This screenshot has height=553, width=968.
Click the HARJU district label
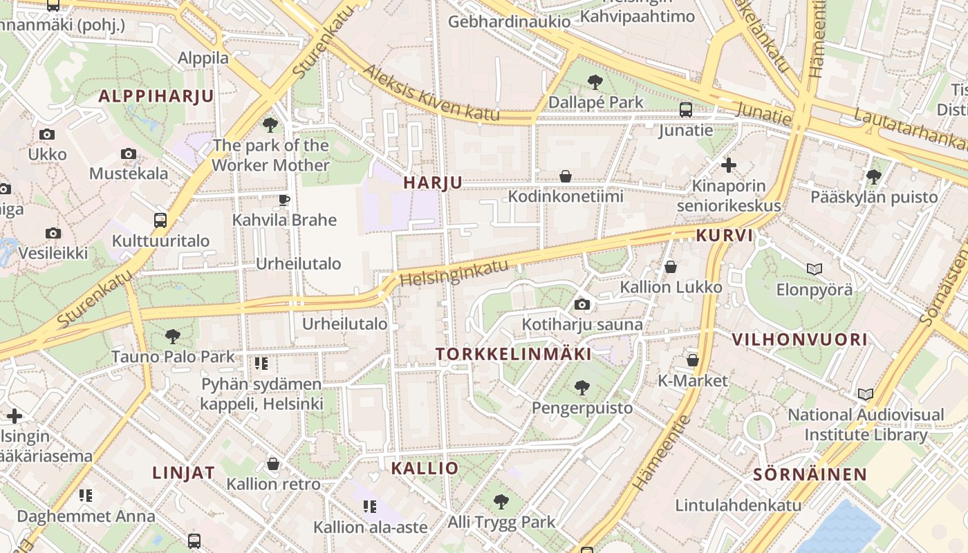[433, 182]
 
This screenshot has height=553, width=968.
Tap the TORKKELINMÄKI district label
[514, 354]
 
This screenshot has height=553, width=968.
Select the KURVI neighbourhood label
[724, 235]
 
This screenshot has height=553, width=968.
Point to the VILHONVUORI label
[799, 339]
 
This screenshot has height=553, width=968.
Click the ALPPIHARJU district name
[156, 96]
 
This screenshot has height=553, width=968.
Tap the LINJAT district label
[183, 473]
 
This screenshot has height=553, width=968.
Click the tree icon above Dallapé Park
[595, 83]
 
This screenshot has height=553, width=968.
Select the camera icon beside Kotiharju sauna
[582, 304]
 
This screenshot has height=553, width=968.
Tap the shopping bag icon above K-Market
[692, 360]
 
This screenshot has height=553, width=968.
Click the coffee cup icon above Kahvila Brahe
[283, 200]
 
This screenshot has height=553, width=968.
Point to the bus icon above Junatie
[686, 109]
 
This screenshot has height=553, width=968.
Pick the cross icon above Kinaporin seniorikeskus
[728, 165]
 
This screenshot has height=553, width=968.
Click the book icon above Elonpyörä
[815, 269]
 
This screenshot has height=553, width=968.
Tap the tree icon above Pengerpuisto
[582, 388]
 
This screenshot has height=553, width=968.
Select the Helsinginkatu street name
[454, 273]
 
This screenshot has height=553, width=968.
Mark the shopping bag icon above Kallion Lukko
[670, 266]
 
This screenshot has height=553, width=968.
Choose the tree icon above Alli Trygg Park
[501, 502]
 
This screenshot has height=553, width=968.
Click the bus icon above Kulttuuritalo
[160, 221]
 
